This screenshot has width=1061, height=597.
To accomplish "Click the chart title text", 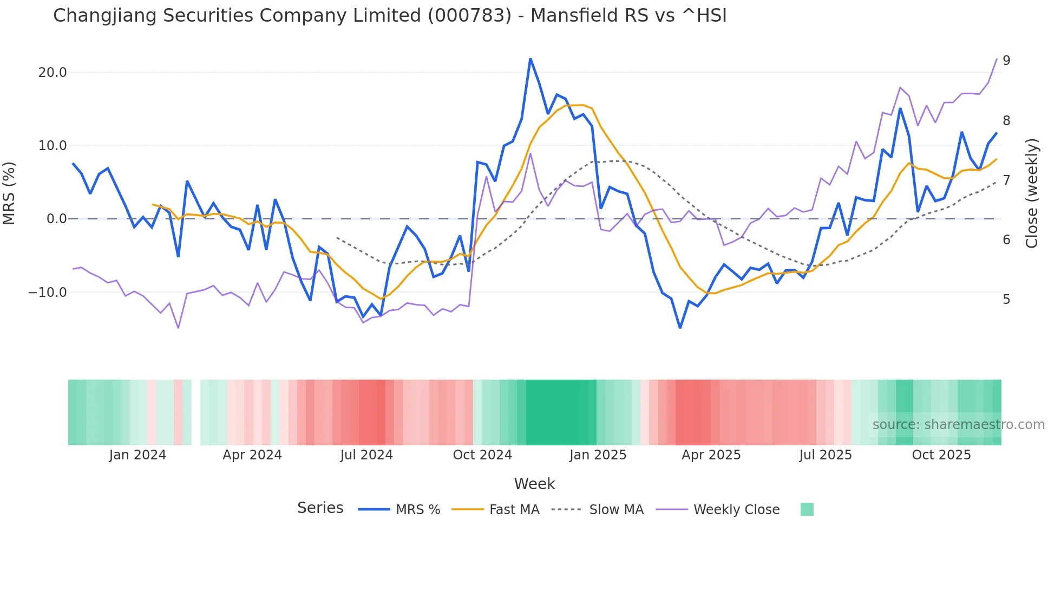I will [x=390, y=16].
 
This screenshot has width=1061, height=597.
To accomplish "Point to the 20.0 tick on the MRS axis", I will [x=53, y=73].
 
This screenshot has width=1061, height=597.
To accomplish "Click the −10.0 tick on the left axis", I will [x=48, y=293].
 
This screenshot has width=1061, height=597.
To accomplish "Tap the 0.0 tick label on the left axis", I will [x=57, y=219].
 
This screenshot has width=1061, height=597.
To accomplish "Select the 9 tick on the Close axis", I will [x=1006, y=61].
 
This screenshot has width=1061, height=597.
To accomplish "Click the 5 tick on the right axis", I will [x=1006, y=300].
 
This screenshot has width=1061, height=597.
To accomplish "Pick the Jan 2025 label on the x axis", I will [x=598, y=455].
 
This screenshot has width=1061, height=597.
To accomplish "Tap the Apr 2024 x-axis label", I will [x=252, y=455].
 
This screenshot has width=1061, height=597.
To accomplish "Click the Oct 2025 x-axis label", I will [x=941, y=455].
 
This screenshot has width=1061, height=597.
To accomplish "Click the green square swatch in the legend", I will [x=807, y=509].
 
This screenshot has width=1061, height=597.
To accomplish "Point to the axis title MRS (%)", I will [x=9, y=193].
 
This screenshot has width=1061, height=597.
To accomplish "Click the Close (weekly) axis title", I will [x=1032, y=193].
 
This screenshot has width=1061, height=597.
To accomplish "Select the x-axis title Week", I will [x=534, y=484].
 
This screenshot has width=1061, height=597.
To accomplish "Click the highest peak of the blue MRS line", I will [x=530, y=59].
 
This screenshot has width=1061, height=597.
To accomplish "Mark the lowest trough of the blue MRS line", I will [x=680, y=327].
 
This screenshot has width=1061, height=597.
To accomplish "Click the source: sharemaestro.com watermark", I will [x=958, y=425].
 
